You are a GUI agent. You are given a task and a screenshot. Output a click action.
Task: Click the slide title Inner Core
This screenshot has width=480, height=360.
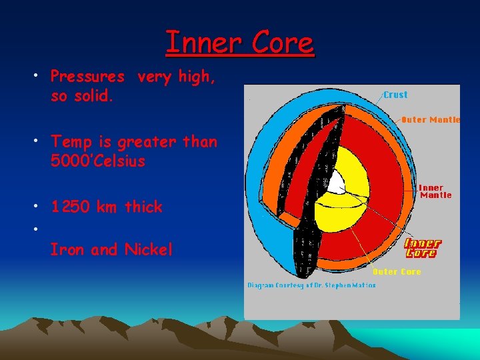pos(239,43)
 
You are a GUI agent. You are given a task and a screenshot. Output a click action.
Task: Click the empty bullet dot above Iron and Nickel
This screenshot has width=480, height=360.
pos(33,228)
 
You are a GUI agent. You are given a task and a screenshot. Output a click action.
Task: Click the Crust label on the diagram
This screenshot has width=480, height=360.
pos(395,95)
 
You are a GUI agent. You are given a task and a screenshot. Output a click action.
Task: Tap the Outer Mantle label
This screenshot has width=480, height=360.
pos(430,120)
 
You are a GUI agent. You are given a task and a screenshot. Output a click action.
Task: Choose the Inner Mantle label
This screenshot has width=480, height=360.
pos(435,192)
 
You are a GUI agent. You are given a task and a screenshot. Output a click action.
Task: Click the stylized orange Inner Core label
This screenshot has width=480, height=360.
pos(423,249)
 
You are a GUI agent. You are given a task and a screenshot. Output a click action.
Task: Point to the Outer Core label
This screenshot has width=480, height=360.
pos(397,272)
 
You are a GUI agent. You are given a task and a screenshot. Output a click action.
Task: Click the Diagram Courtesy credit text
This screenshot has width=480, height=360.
pos(311,285)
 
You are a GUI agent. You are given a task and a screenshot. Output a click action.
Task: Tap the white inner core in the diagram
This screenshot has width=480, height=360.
pos(338,183)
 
